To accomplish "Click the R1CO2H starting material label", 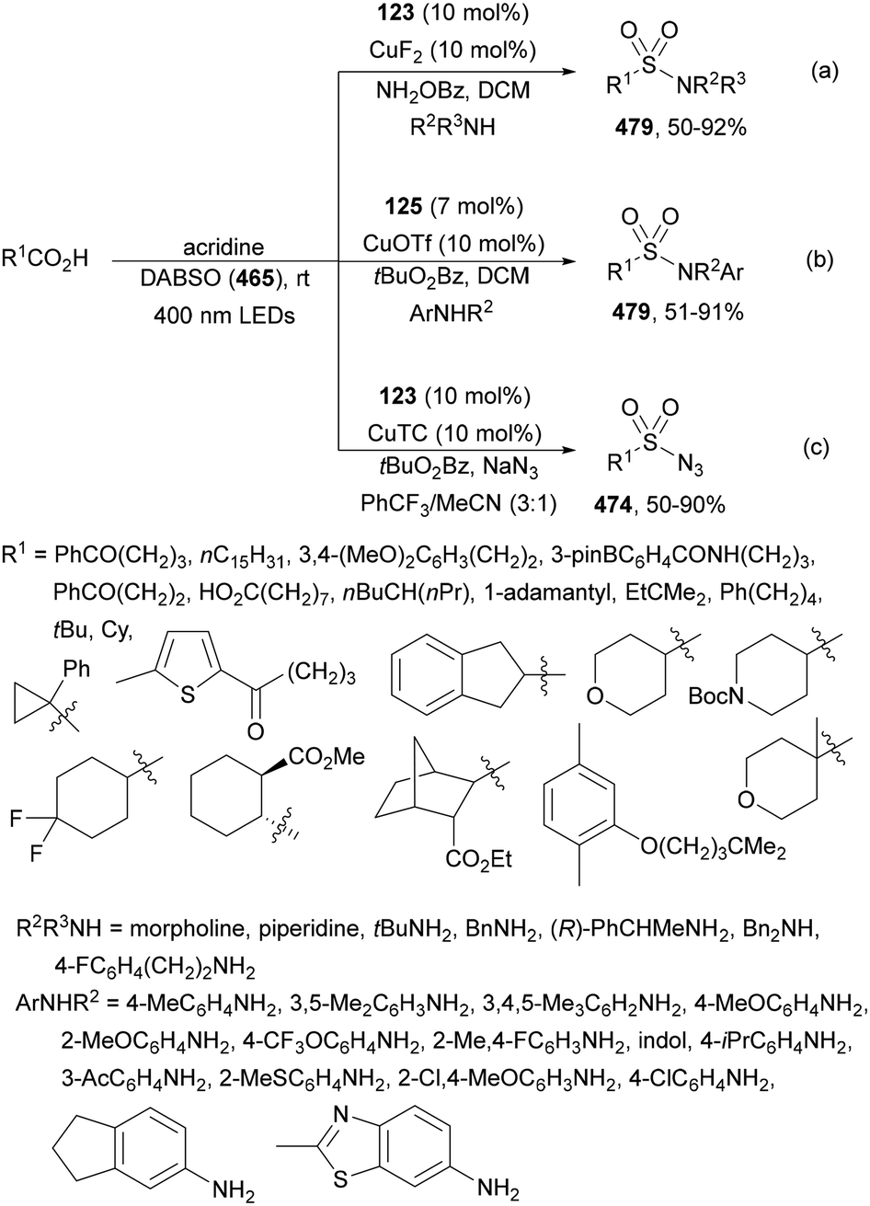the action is [45, 259].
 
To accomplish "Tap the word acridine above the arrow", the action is [223, 247].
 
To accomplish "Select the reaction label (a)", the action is [825, 71].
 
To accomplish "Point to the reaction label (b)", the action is [819, 259].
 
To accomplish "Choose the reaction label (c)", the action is [816, 447].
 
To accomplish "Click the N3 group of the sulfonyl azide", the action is [690, 465].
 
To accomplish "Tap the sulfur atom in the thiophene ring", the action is [188, 695].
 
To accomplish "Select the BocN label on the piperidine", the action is [715, 696].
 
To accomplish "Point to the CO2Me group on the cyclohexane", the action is [326, 757].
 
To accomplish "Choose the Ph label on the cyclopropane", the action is [76, 669].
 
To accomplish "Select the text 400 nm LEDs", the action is [224, 316].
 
